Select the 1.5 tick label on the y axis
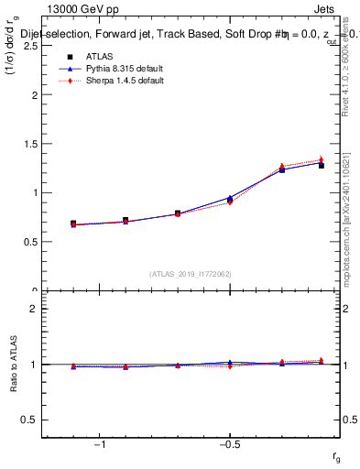click(x=32, y=144)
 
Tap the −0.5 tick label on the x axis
click(x=229, y=445)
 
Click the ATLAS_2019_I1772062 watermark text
click(x=191, y=273)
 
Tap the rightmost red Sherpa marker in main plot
click(x=321, y=160)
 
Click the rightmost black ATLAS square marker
click(x=321, y=166)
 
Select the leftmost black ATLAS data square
click(x=73, y=224)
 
